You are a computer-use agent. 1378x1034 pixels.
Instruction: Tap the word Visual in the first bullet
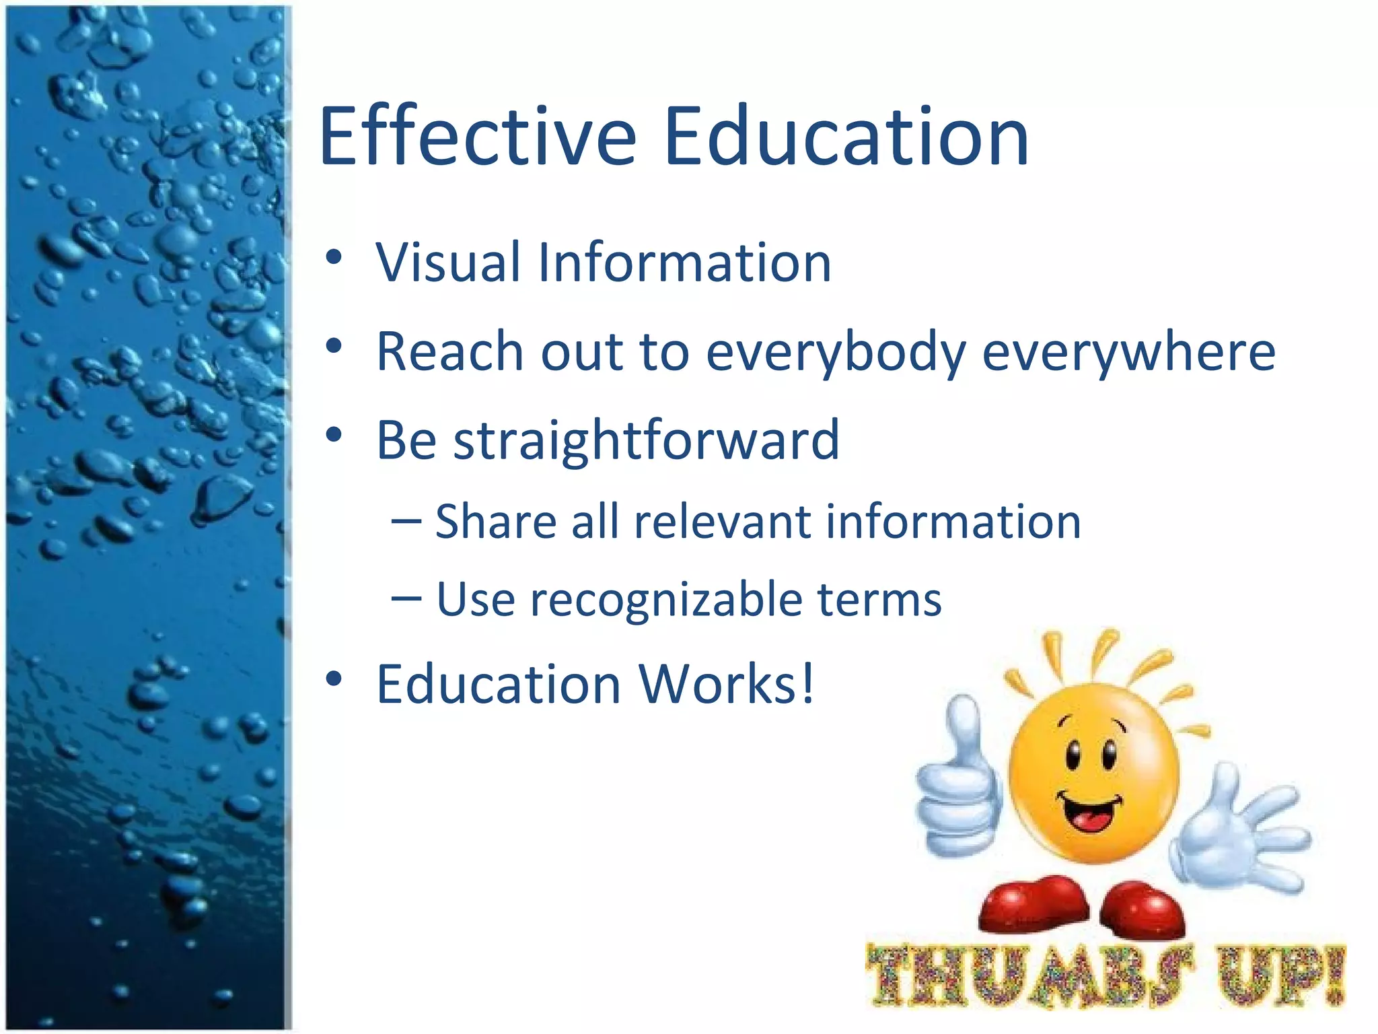point(448,262)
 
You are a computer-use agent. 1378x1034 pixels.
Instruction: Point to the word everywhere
point(1128,351)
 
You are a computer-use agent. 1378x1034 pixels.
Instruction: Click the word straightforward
point(646,442)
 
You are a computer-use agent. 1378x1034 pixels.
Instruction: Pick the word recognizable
point(666,600)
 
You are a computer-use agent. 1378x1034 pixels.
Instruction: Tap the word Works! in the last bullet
point(727,684)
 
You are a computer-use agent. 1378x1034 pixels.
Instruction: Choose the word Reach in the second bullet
point(449,351)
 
